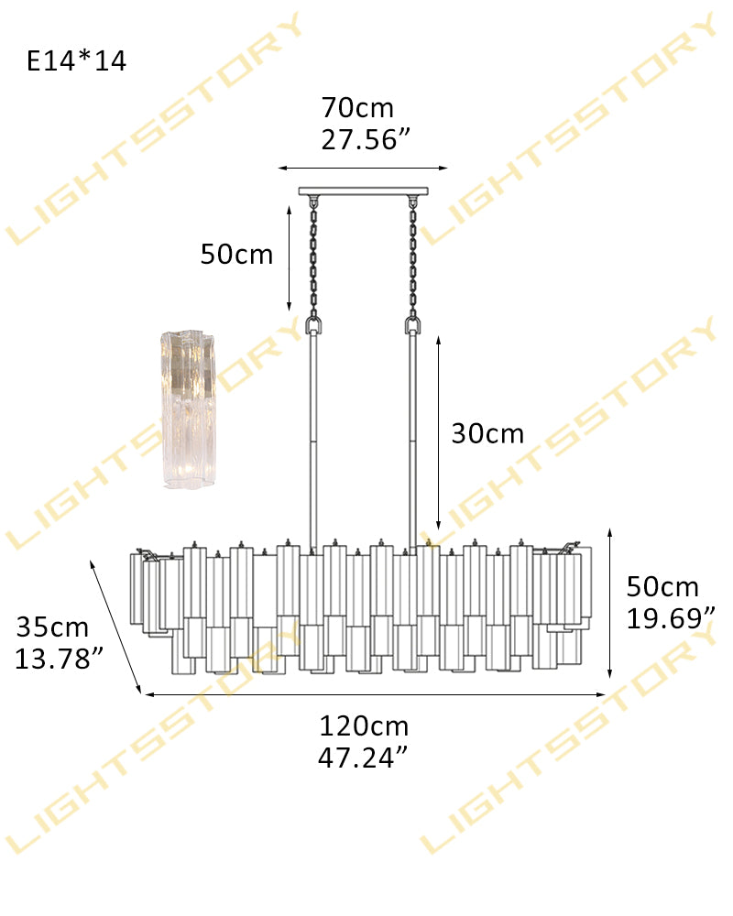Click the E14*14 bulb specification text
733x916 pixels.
click(x=77, y=60)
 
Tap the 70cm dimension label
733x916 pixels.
click(x=357, y=108)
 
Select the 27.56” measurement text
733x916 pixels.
click(x=366, y=139)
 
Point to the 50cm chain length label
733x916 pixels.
click(x=236, y=255)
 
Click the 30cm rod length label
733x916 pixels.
click(x=487, y=434)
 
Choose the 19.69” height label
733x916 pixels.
click(x=671, y=618)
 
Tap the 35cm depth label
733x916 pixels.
click(x=52, y=627)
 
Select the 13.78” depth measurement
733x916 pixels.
click(x=59, y=659)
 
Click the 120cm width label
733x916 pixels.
click(x=364, y=726)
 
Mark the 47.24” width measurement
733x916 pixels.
click(x=363, y=758)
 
